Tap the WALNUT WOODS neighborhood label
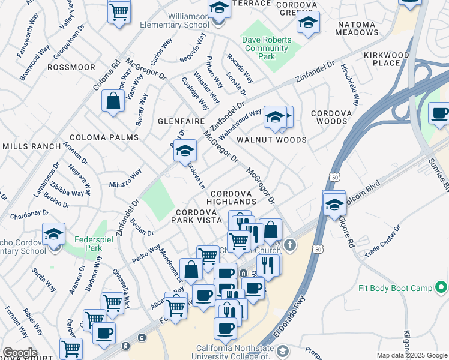[x=271, y=140]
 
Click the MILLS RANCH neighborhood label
[x=31, y=146]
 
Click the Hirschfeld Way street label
[x=351, y=85]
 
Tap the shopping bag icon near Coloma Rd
[x=113, y=101]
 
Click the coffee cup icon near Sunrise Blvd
[x=439, y=113]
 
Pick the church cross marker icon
[x=291, y=245]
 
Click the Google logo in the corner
[x=20, y=353]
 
